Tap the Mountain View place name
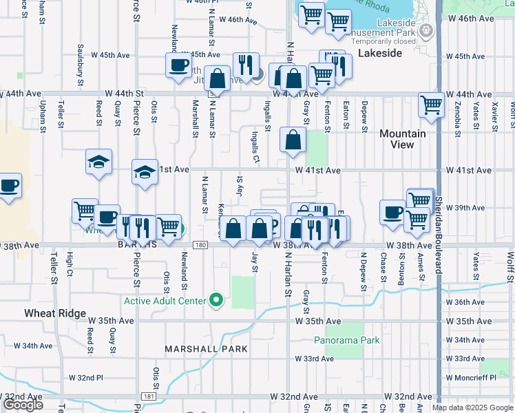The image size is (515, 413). coord(403,139)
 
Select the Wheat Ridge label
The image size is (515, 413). coord(54,313)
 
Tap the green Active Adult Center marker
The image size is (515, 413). coord(217,300)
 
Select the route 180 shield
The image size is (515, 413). coord(200,245)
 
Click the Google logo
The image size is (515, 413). coord(23,405)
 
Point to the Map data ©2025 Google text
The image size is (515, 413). coord(472,407)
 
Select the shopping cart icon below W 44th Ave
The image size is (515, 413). coord(431,105)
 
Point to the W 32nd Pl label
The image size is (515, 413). coord(85,378)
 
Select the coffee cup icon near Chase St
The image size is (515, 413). coord(392,211)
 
